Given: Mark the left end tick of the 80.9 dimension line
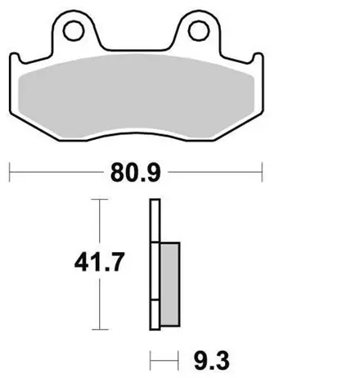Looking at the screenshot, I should (x=9, y=173).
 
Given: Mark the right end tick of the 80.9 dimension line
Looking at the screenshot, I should (x=261, y=173).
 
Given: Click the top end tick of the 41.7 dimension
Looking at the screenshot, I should (x=99, y=199).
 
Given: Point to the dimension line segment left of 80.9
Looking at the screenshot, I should (x=57, y=173).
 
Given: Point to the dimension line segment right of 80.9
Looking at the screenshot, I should (x=213, y=173).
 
